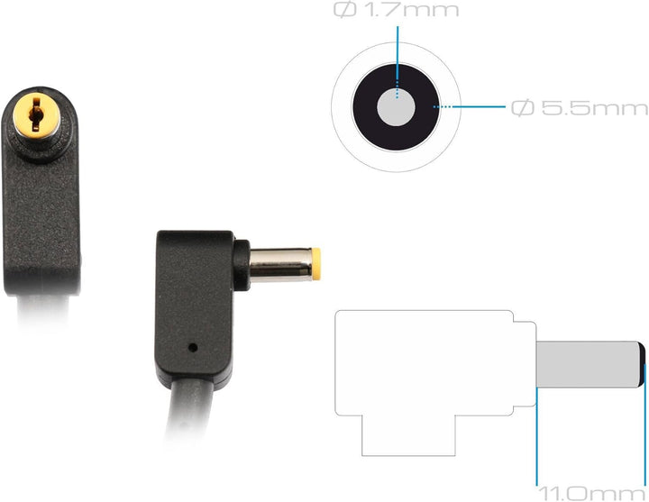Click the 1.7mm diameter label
[396, 10]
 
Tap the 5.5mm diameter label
[580, 108]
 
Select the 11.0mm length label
[592, 494]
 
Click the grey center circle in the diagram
[396, 107]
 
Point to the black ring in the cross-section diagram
[364, 107]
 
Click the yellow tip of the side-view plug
[316, 264]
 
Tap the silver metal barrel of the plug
[280, 265]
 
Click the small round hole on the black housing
[193, 347]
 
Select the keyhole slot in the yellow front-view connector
[36, 114]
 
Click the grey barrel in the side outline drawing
[588, 364]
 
